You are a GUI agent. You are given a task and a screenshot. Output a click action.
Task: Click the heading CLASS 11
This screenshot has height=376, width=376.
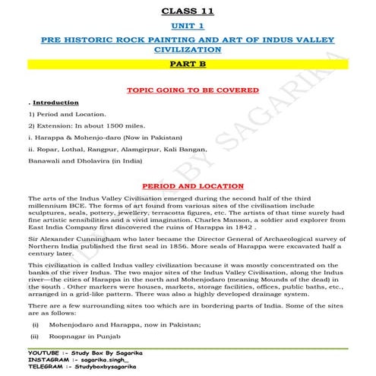click(x=188, y=11)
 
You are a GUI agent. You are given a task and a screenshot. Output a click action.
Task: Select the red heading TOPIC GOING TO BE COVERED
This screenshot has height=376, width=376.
click(x=188, y=88)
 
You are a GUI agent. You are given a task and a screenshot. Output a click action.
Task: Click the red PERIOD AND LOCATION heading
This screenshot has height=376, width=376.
click(x=188, y=185)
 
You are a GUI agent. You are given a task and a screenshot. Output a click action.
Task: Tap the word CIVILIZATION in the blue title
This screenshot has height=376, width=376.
click(x=188, y=50)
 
